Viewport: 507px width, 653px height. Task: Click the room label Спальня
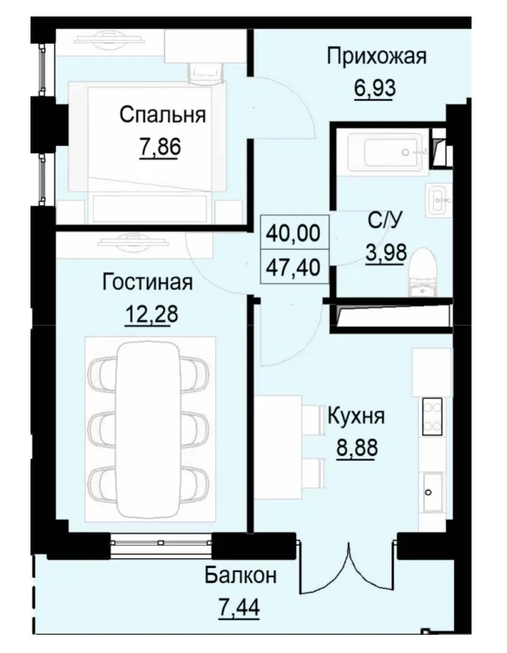click(162, 115)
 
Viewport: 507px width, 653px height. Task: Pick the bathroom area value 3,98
click(386, 251)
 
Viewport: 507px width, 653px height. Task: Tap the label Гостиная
click(148, 283)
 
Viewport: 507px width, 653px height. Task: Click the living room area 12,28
click(148, 314)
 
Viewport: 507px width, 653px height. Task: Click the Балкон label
click(241, 575)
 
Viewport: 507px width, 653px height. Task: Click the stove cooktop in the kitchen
click(432, 416)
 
